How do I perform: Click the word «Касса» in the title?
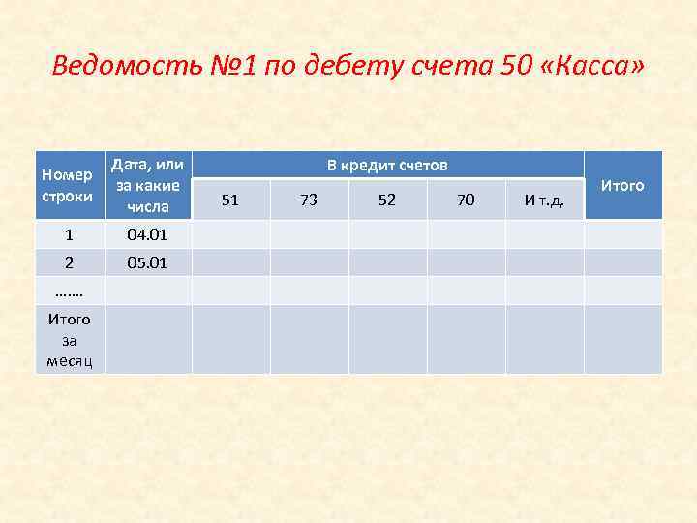pyautogui.click(x=591, y=67)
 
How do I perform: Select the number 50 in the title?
pyautogui.click(x=515, y=67)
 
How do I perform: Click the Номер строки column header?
pyautogui.click(x=69, y=185)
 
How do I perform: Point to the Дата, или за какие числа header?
pyautogui.click(x=148, y=185)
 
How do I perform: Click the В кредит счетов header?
pyautogui.click(x=387, y=166)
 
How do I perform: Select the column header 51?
pyautogui.click(x=230, y=200)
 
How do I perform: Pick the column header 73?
pyautogui.click(x=309, y=200)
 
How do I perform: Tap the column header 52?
pyautogui.click(x=387, y=200)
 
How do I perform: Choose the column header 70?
pyautogui.click(x=466, y=200)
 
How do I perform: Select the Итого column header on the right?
pyautogui.click(x=622, y=185)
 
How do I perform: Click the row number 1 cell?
pyautogui.click(x=69, y=234)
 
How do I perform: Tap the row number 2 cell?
pyautogui.click(x=69, y=262)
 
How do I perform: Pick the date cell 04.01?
pyautogui.click(x=148, y=234)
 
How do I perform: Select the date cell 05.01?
pyautogui.click(x=148, y=262)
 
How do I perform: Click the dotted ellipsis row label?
pyautogui.click(x=69, y=291)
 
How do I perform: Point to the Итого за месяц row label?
pyautogui.click(x=69, y=340)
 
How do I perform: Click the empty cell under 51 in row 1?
pyautogui.click(x=230, y=234)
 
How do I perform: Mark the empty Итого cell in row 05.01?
pyautogui.click(x=622, y=262)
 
